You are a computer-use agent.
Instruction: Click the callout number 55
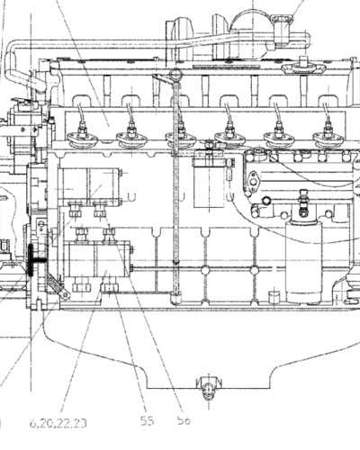(x=148, y=421)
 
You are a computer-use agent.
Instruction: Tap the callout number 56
(x=184, y=420)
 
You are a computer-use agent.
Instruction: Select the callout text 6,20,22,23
(x=58, y=423)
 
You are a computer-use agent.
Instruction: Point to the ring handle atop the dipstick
(x=175, y=75)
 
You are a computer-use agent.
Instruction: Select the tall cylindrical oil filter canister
(x=303, y=261)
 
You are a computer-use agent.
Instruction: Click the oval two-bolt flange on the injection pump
(x=254, y=180)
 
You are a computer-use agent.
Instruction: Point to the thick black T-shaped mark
(x=34, y=260)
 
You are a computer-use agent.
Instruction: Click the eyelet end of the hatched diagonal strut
(x=65, y=295)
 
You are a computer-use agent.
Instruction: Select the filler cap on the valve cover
(x=303, y=67)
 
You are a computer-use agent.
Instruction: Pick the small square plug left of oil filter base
(x=274, y=297)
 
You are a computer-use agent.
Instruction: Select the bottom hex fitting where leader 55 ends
(x=110, y=288)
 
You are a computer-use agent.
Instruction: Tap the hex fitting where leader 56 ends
(x=100, y=210)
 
